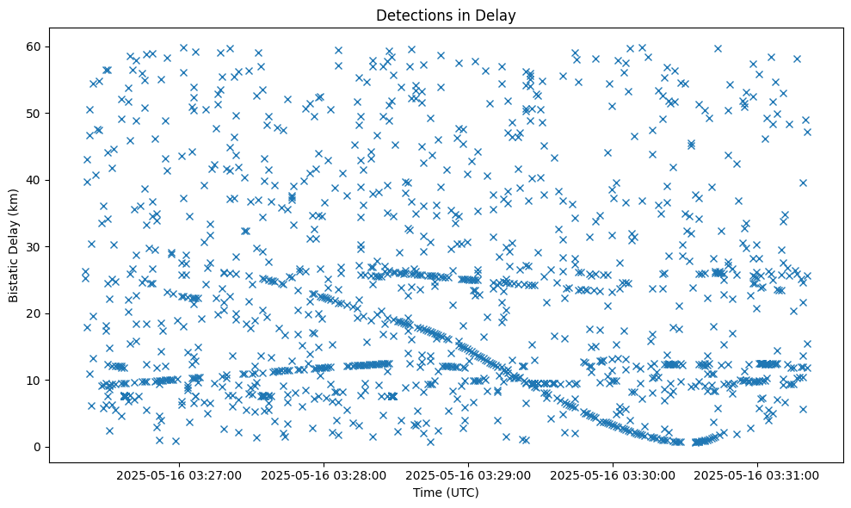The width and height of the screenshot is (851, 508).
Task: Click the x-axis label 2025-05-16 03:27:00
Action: (x=180, y=474)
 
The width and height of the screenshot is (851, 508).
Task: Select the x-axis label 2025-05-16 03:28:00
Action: (x=324, y=474)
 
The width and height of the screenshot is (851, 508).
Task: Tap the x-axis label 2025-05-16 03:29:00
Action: (x=469, y=474)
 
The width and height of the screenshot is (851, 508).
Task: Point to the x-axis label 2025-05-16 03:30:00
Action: (x=614, y=474)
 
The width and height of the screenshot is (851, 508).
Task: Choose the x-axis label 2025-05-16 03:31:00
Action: (x=758, y=474)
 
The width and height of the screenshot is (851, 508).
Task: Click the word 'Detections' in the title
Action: (x=410, y=15)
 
